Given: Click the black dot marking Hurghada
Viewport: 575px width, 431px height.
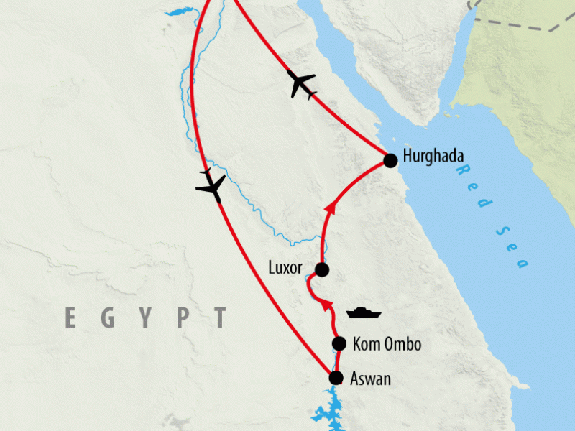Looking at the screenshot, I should (x=390, y=160).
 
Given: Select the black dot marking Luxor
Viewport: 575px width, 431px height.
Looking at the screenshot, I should (x=322, y=269).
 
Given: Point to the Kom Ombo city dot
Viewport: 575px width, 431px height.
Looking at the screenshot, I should (x=339, y=344).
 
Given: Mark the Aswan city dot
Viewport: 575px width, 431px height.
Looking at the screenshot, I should (x=335, y=378).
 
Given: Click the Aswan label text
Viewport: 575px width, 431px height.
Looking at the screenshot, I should (x=372, y=379).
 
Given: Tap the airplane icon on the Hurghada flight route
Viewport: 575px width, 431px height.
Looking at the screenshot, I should (x=301, y=85).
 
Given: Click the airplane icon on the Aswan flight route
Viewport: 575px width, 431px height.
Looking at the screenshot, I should (x=210, y=185).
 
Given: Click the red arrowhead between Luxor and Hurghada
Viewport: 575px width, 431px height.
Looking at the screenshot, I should (x=331, y=208).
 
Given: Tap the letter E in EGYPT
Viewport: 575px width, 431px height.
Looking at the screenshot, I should (x=70, y=317).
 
